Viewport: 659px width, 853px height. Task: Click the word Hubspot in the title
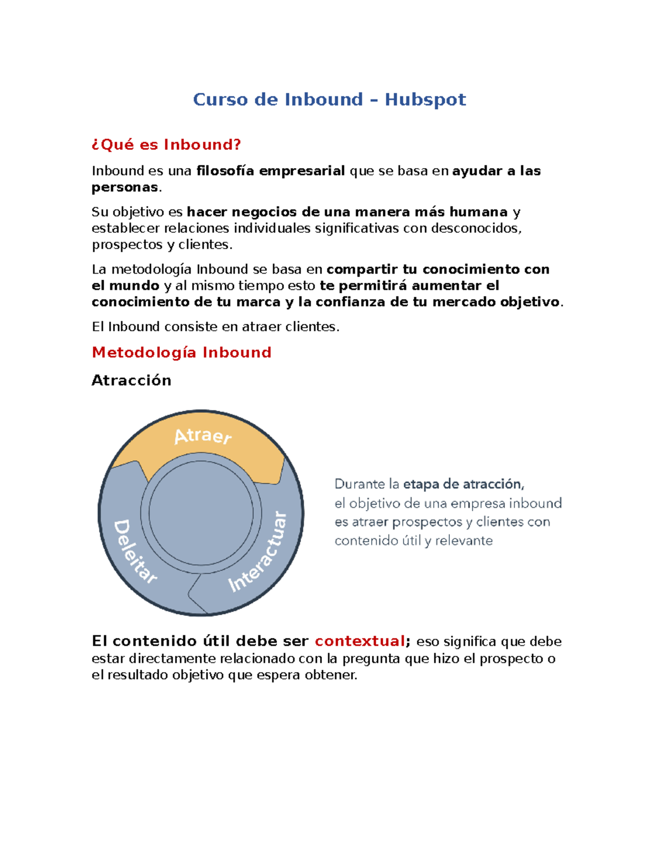click(x=425, y=99)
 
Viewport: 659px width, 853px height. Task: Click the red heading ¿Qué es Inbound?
click(x=166, y=144)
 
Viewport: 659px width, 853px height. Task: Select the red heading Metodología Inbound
click(x=181, y=352)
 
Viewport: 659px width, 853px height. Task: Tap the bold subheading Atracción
click(x=131, y=380)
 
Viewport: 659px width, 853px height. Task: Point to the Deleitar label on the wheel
click(x=135, y=551)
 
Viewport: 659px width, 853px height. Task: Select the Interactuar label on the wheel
click(x=258, y=551)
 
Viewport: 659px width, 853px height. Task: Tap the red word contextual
click(x=360, y=641)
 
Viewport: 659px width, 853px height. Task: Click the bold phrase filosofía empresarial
click(x=270, y=171)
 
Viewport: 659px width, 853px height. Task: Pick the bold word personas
click(x=125, y=187)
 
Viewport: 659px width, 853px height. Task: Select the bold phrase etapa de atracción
click(x=463, y=484)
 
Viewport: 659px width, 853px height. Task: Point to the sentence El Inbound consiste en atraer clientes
click(x=215, y=327)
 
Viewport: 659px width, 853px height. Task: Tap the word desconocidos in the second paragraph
click(x=476, y=228)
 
